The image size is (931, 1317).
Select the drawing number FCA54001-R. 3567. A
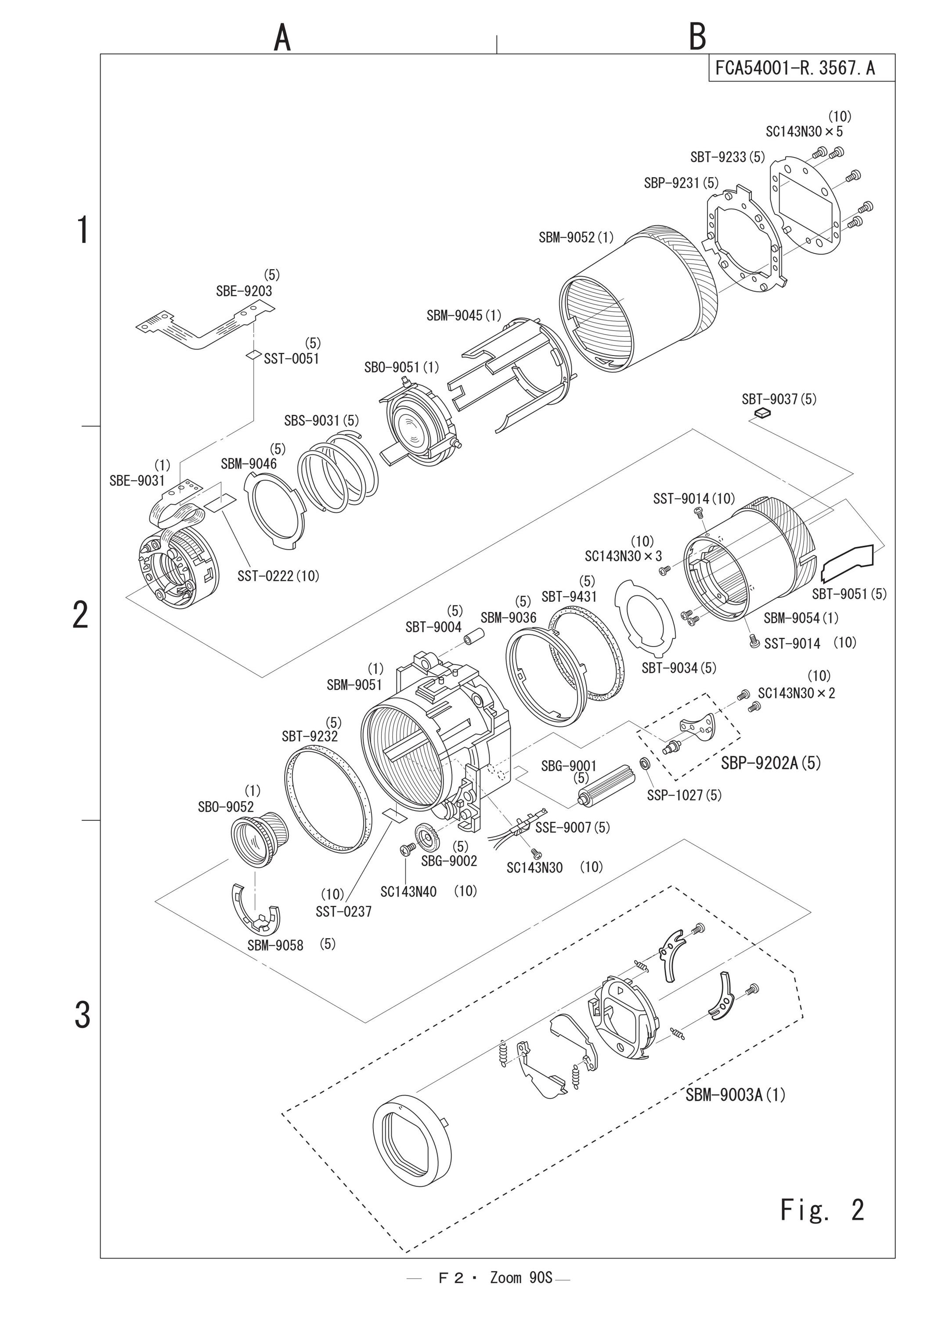[795, 68]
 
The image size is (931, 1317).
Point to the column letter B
[697, 37]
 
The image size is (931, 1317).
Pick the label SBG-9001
[569, 766]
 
